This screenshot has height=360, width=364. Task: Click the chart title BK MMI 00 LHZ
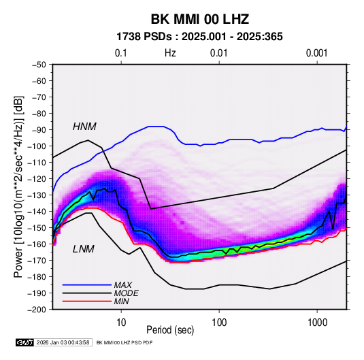[200, 19]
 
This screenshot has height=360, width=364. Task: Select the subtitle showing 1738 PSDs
[199, 37]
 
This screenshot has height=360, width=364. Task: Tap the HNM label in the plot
[84, 127]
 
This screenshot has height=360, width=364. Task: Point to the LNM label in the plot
[83, 249]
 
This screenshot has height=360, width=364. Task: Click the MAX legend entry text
[122, 284]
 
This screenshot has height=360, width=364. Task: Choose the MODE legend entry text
[126, 293]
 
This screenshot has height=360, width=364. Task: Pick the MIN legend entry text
[121, 301]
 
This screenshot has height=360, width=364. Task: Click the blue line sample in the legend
[87, 285]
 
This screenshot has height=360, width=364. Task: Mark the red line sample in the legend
[87, 301]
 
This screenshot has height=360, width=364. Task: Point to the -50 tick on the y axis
[39, 65]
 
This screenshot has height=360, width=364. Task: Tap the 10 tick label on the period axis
[121, 323]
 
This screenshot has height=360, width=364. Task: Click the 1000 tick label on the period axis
[316, 323]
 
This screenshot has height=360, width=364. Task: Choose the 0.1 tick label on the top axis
[121, 53]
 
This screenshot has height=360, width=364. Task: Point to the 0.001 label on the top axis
[316, 53]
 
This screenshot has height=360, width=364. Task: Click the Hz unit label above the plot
[170, 53]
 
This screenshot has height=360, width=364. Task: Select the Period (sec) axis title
[170, 330]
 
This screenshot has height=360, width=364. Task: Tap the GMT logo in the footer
[25, 342]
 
